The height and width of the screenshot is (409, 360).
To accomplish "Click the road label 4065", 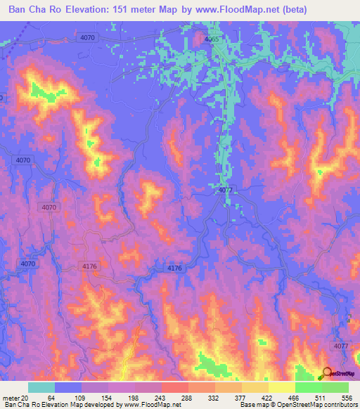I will pyautogui.click(x=211, y=41).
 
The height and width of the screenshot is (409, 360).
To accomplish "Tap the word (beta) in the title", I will pyautogui.click(x=335, y=10).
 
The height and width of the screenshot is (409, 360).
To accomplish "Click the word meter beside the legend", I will pyautogui.click(x=10, y=398).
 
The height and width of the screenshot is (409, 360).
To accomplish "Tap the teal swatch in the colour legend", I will pyautogui.click(x=41, y=387).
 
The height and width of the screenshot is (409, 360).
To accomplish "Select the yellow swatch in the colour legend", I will pyautogui.click(x=281, y=387).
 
